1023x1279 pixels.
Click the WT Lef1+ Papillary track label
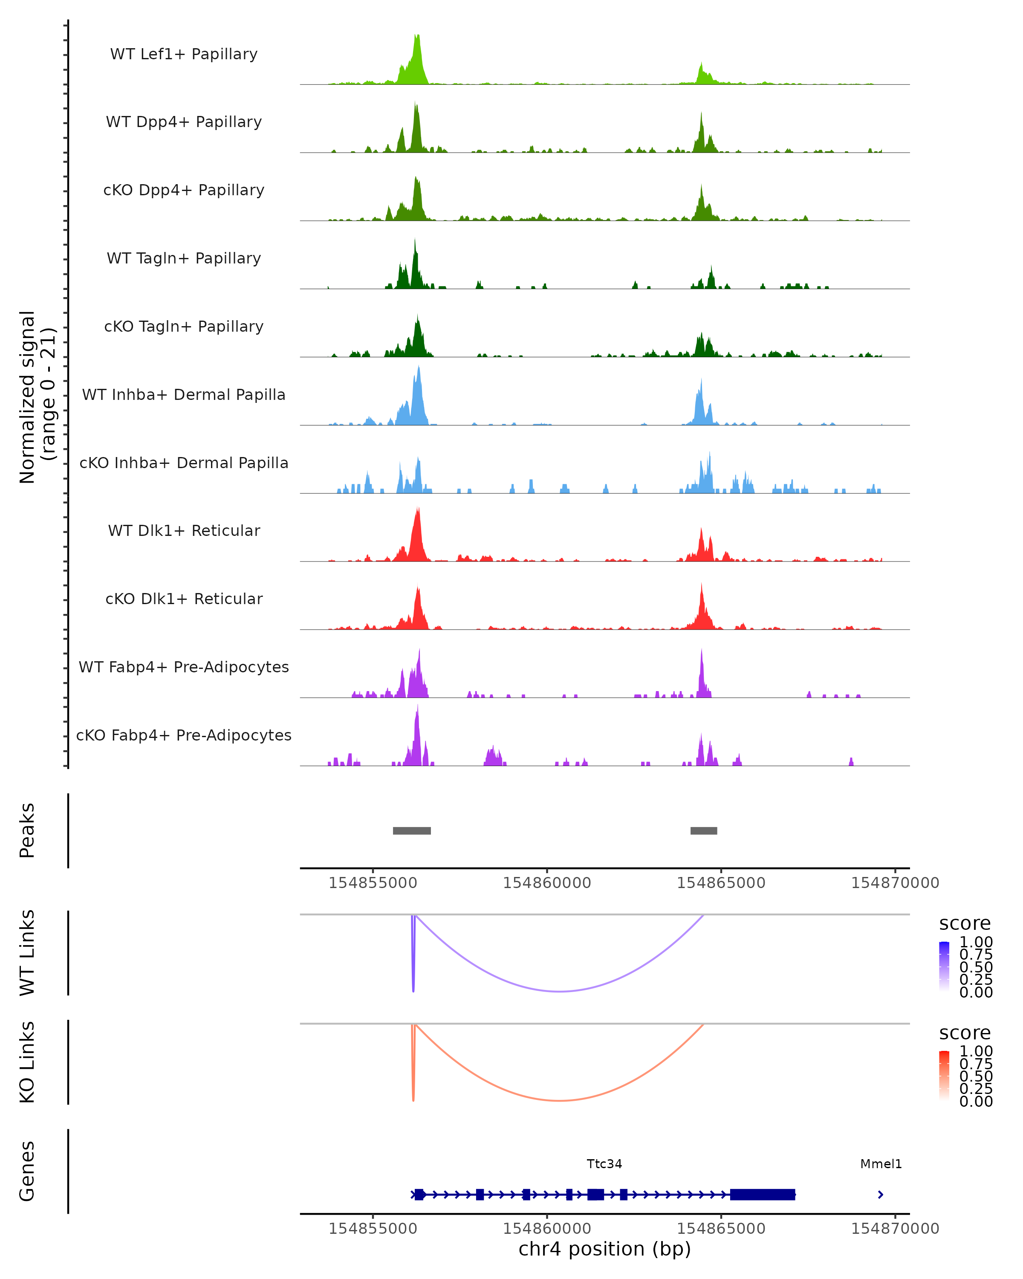(x=184, y=54)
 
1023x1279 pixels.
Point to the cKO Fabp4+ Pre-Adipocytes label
(x=184, y=735)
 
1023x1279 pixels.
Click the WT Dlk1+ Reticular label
(x=184, y=530)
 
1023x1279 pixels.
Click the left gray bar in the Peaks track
(x=412, y=830)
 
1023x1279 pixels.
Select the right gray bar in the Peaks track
(x=703, y=830)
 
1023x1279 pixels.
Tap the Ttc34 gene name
(x=604, y=1164)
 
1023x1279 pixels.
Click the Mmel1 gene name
(x=881, y=1164)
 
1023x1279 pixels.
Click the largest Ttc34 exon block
(x=762, y=1194)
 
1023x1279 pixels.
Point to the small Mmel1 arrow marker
(x=880, y=1194)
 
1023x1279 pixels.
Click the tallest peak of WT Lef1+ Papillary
(x=417, y=37)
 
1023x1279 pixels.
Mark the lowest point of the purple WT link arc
(x=560, y=991)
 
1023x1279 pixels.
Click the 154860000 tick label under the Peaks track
(x=547, y=883)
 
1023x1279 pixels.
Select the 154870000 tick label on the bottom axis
(x=895, y=1229)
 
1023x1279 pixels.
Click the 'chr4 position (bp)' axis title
(x=604, y=1249)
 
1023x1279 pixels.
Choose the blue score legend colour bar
(x=944, y=966)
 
